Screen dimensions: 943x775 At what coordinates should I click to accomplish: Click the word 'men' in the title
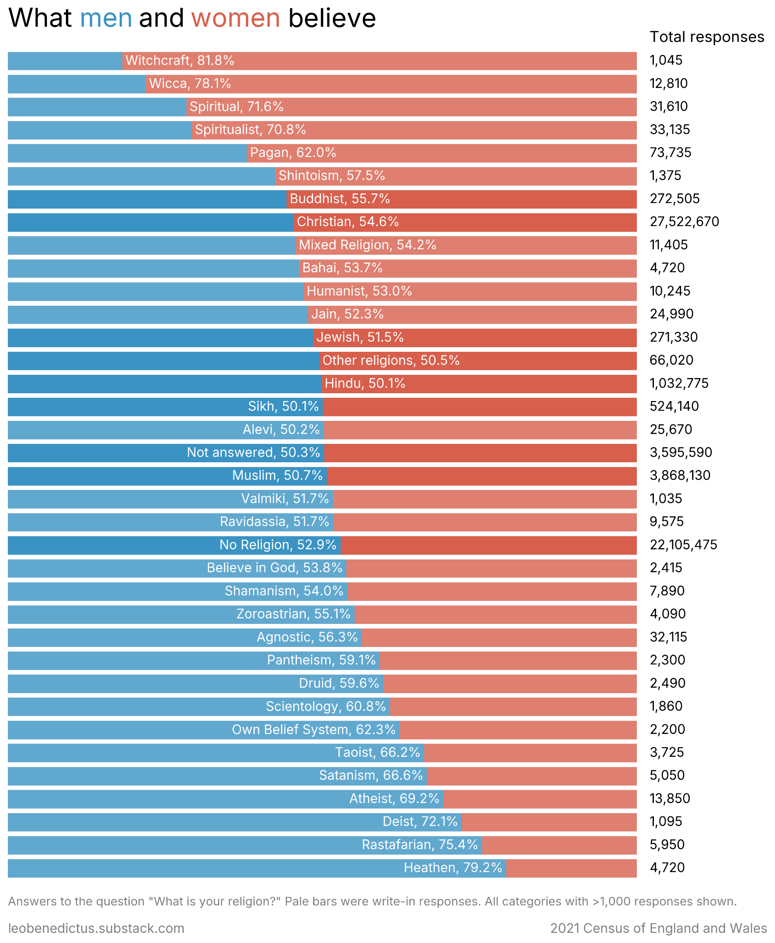click(106, 18)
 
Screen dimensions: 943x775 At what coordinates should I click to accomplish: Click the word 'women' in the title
click(236, 18)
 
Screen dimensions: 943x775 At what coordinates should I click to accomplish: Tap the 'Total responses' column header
click(707, 37)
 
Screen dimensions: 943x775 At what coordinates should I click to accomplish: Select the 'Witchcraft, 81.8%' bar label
click(180, 60)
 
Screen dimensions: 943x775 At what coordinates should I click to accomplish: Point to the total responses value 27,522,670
click(684, 222)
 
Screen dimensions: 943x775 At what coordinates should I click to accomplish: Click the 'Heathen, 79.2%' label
click(453, 867)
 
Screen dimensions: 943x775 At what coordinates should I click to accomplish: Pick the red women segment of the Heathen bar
click(571, 867)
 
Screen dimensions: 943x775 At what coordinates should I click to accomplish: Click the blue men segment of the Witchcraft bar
click(64, 60)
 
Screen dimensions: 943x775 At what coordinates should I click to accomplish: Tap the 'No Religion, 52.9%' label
click(278, 545)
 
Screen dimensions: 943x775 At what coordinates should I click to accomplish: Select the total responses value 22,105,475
click(683, 545)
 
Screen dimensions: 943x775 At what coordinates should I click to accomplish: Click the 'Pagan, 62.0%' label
click(293, 152)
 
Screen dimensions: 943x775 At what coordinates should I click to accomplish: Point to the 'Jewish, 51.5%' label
click(360, 337)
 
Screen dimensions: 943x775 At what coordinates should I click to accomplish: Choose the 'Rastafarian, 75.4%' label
click(420, 844)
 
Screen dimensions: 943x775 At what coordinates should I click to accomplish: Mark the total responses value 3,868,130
click(680, 475)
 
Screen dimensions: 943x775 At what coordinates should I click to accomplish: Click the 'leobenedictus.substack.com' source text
click(96, 928)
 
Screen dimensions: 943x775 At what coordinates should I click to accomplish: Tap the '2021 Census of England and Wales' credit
click(658, 928)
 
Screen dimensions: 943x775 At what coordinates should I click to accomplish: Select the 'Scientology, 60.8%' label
click(326, 706)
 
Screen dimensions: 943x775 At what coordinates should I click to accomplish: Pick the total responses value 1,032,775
click(679, 383)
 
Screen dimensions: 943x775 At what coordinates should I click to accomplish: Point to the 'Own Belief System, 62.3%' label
click(314, 729)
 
